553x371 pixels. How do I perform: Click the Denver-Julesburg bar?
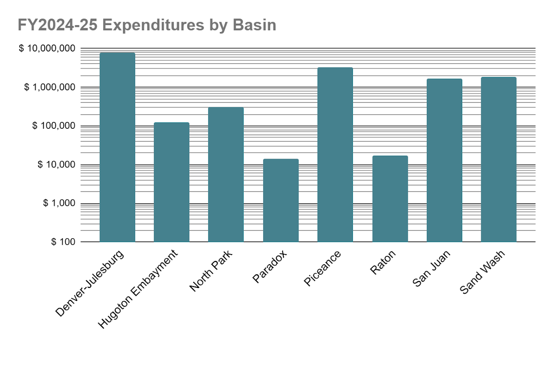pos(117,147)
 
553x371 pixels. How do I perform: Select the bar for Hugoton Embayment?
pos(172,182)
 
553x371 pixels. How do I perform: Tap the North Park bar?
pos(226,174)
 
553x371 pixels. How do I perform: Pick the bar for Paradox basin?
pos(281,200)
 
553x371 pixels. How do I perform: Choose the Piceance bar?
pos(335,154)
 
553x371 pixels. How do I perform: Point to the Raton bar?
pos(390,198)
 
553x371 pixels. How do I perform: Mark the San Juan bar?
pos(445,160)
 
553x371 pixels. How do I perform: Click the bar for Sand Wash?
pos(499,159)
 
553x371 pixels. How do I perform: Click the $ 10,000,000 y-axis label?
pos(47,48)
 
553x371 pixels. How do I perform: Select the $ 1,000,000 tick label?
pos(50,87)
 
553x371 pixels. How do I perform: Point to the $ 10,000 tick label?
pos(56,165)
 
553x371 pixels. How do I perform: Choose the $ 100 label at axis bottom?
pos(63,242)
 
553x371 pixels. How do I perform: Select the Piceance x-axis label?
pos(322,268)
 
